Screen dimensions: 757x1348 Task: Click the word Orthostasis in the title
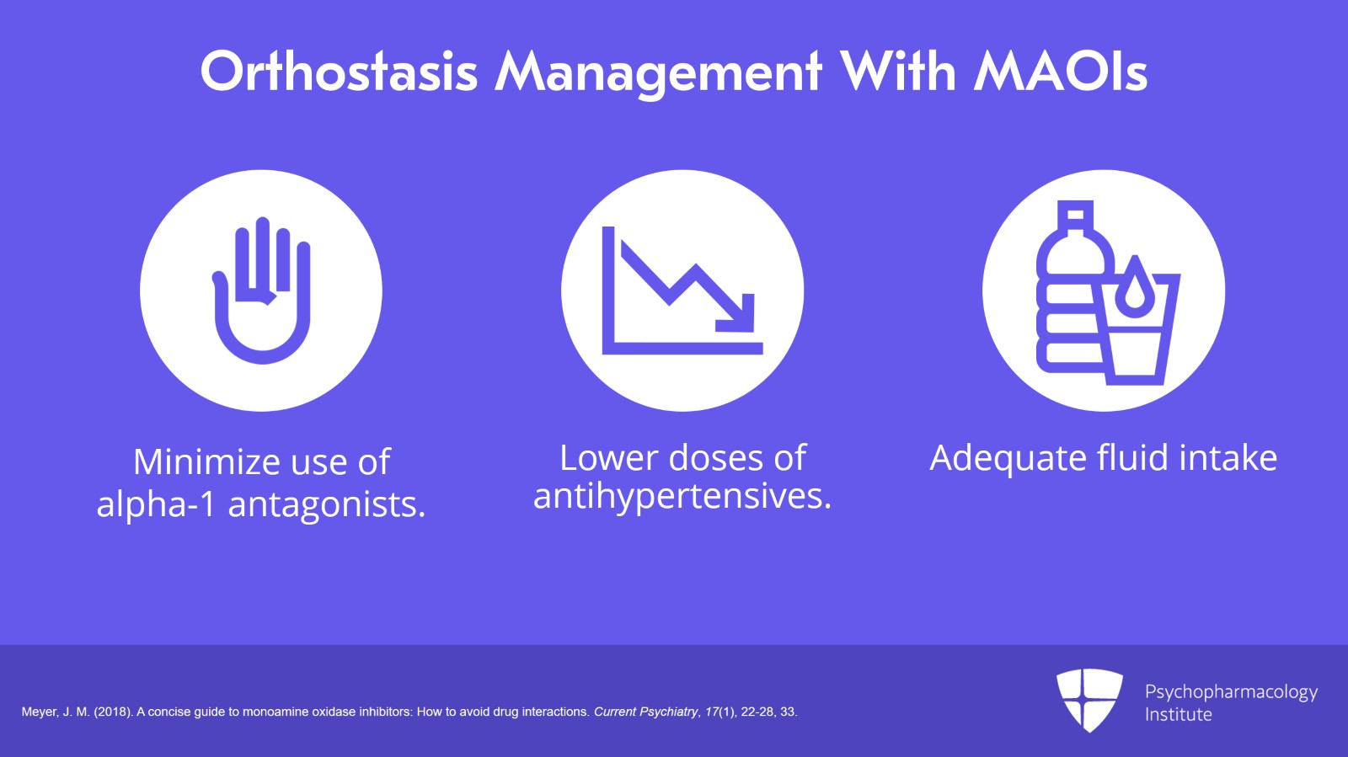[339, 72]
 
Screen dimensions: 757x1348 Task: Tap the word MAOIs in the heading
[1061, 72]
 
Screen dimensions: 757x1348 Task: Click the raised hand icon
[262, 290]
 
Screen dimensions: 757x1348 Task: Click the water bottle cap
[1075, 216]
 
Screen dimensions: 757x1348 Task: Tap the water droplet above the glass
[1135, 286]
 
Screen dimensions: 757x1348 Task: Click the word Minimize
[206, 461]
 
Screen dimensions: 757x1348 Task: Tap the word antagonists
[327, 504]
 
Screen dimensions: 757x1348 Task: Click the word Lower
[608, 458]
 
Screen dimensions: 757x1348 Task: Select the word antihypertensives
[682, 496]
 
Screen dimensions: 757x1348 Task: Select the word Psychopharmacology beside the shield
[1231, 691]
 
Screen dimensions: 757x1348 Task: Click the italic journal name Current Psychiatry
[646, 712]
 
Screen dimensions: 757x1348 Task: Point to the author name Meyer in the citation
[39, 712]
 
